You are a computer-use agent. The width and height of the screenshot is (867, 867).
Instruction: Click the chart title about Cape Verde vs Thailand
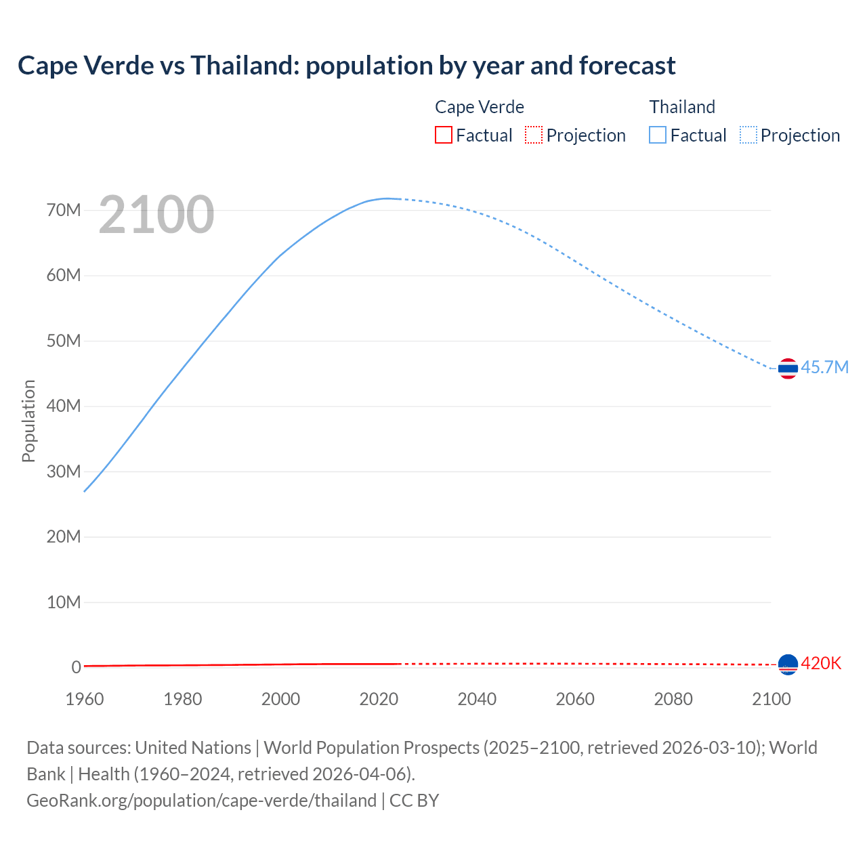(x=346, y=66)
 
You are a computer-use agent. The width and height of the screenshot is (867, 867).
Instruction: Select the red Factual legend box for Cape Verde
(x=443, y=135)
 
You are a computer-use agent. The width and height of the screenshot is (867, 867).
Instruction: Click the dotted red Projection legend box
(x=534, y=135)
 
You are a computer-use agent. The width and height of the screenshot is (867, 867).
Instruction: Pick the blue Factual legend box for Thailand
(x=657, y=135)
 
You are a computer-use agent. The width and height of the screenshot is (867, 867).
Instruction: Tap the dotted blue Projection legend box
(x=748, y=135)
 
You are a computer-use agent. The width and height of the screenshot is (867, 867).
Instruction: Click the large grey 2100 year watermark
(x=156, y=215)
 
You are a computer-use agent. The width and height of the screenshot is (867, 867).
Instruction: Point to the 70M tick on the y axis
(x=64, y=210)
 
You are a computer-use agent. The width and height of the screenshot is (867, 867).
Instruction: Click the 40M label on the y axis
(x=64, y=406)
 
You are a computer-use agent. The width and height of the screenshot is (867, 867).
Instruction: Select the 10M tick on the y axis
(x=64, y=602)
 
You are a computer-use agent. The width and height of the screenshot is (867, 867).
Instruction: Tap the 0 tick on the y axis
(x=76, y=667)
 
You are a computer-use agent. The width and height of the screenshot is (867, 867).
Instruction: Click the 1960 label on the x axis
(x=85, y=699)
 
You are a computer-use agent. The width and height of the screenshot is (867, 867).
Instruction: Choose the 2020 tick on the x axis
(x=379, y=699)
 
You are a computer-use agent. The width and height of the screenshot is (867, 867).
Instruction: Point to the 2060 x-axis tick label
(x=575, y=699)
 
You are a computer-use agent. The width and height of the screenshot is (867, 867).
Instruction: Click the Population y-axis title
(x=28, y=421)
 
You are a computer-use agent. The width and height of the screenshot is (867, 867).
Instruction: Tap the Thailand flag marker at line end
(x=788, y=368)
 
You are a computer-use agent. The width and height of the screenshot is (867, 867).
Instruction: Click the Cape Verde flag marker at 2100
(x=788, y=664)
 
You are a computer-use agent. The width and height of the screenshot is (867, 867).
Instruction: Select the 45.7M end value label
(x=824, y=367)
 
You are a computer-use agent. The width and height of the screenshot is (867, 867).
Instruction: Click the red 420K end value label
(x=821, y=663)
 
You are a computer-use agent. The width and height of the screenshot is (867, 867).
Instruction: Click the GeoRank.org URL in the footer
(x=201, y=800)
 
